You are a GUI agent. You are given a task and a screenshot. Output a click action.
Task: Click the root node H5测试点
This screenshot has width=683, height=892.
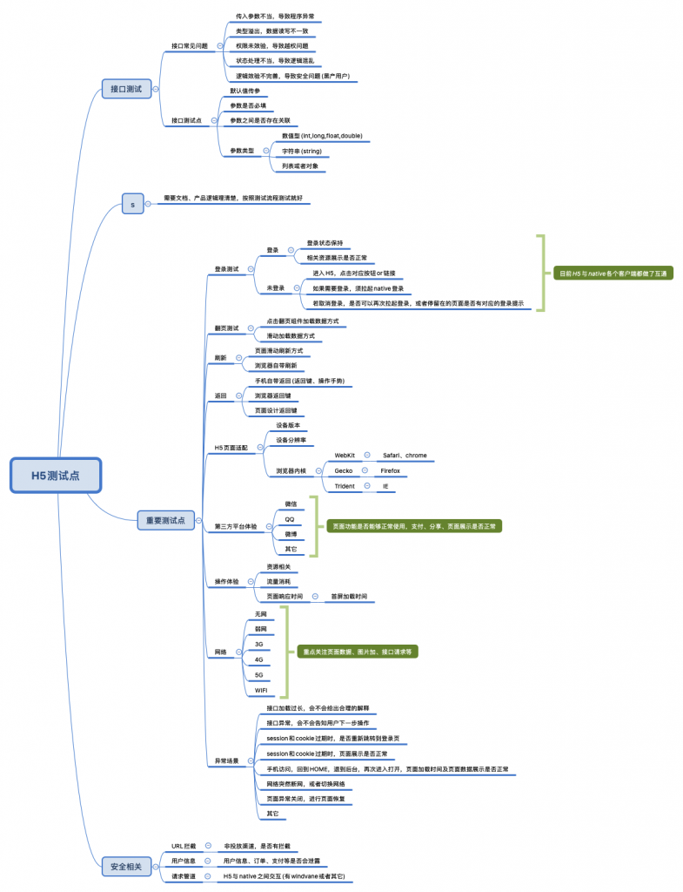pyautogui.click(x=56, y=476)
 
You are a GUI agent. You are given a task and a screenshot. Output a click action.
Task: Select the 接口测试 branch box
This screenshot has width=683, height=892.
pyautogui.click(x=126, y=88)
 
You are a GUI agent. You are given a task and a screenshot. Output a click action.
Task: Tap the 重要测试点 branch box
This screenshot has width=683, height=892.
pyautogui.click(x=165, y=520)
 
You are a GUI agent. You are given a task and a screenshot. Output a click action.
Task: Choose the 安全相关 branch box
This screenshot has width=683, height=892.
pyautogui.click(x=126, y=866)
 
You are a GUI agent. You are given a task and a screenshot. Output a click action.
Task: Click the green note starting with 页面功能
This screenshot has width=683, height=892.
pyautogui.click(x=415, y=526)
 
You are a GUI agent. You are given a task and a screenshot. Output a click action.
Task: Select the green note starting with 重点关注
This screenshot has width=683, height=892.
pyautogui.click(x=356, y=651)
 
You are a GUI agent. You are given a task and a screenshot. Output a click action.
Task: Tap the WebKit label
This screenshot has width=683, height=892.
pyautogui.click(x=345, y=455)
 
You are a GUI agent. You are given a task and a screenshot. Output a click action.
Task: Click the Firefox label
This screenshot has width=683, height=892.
pyautogui.click(x=390, y=470)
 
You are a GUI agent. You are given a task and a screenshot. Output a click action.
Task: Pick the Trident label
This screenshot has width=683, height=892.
pyautogui.click(x=345, y=486)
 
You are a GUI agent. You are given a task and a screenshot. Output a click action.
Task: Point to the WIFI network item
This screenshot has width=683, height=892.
pyautogui.click(x=261, y=691)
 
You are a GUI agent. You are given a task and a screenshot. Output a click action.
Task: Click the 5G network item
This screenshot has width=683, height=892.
pyautogui.click(x=258, y=675)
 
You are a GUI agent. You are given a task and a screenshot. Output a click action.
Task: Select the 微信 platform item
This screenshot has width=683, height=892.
pyautogui.click(x=291, y=503)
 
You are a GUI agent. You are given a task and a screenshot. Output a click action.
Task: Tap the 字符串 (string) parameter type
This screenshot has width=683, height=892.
pyautogui.click(x=301, y=151)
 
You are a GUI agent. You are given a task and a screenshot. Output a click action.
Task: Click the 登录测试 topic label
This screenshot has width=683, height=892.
pyautogui.click(x=226, y=268)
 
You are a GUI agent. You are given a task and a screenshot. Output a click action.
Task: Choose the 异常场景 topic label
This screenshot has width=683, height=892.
pyautogui.click(x=226, y=760)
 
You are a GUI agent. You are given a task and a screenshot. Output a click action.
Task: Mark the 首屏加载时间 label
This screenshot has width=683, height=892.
pyautogui.click(x=349, y=597)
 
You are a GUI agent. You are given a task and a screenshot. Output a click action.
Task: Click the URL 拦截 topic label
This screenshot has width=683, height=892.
pyautogui.click(x=184, y=845)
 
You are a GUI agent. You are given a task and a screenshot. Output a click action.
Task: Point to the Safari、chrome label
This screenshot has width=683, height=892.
pyautogui.click(x=405, y=455)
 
